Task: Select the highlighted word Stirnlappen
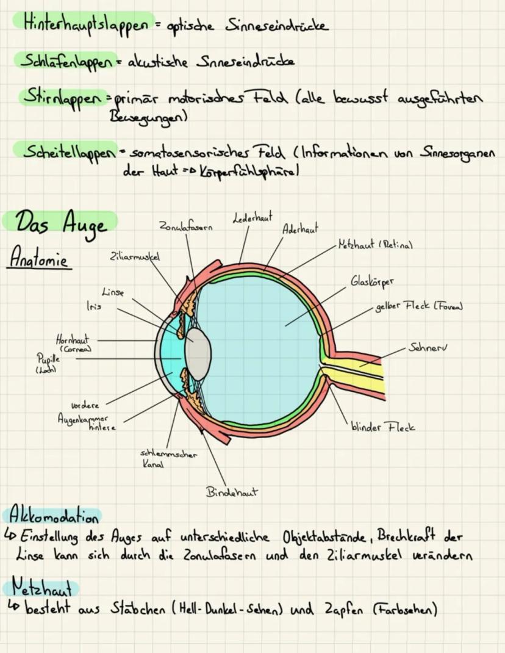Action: coord(62,97)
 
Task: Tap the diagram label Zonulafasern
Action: coord(186,228)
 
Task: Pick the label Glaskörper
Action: coord(372,282)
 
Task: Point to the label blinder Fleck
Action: coord(383,427)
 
